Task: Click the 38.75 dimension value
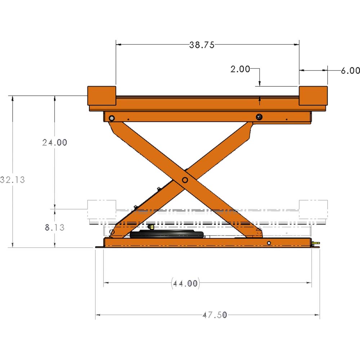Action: (x=202, y=45)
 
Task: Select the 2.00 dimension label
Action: (x=240, y=69)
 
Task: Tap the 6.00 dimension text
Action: (x=350, y=71)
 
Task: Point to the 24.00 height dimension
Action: (x=55, y=143)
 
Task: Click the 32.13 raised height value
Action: (x=13, y=180)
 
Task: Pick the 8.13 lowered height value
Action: (x=55, y=228)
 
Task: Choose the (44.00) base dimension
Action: (x=185, y=283)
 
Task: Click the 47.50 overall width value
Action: (x=215, y=315)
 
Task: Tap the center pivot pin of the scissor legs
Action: (x=185, y=180)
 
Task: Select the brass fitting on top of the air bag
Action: (x=152, y=227)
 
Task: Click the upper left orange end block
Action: (x=102, y=96)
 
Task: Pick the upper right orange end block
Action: (x=313, y=96)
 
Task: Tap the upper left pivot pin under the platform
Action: (x=112, y=118)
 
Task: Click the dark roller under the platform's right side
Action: (x=259, y=117)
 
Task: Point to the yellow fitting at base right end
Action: (x=316, y=244)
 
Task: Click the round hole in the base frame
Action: (x=269, y=244)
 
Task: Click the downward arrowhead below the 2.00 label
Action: (x=259, y=85)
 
